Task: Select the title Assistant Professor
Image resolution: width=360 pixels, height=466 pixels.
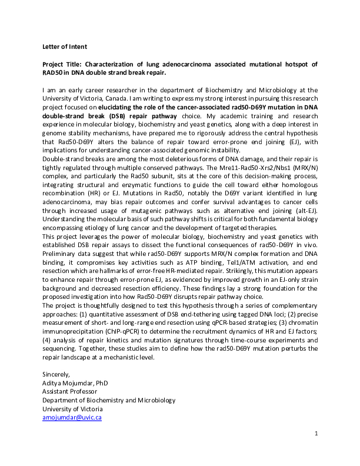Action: [x=69, y=391]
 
